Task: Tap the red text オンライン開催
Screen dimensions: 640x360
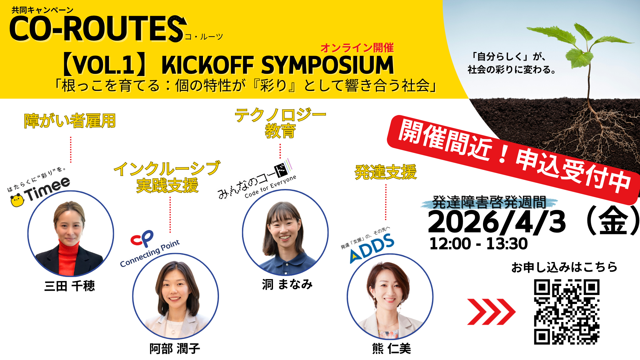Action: point(357,48)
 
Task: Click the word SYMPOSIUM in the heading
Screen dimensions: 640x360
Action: point(328,65)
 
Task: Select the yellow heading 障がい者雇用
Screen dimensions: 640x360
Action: point(70,121)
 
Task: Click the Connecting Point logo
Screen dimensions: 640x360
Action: point(149,248)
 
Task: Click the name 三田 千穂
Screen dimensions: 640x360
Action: point(70,286)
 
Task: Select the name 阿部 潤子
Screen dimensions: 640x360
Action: point(175,349)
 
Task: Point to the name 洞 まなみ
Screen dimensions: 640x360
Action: point(287,284)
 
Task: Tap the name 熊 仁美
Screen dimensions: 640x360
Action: point(392,349)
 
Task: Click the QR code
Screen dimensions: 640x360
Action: point(567,312)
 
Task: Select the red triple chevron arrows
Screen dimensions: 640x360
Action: point(491,312)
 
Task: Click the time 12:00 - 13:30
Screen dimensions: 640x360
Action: point(478,244)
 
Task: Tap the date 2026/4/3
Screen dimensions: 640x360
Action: point(497,222)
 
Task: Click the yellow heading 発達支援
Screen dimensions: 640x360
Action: point(386,172)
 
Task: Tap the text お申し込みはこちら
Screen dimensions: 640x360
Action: point(565,267)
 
